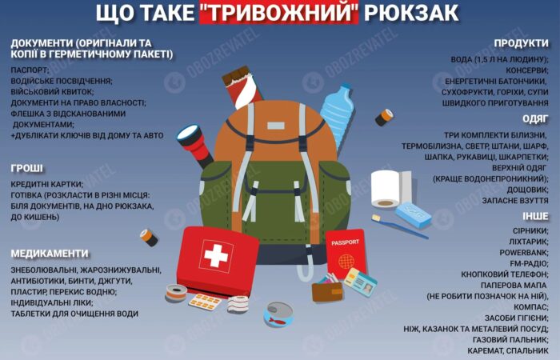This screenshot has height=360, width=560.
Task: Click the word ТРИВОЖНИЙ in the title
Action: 278,13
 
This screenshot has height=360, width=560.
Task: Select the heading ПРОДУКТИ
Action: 521,43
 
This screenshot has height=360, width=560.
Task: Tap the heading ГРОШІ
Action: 26,168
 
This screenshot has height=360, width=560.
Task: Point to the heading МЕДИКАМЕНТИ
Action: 50,254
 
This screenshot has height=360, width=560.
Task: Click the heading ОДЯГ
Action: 535,119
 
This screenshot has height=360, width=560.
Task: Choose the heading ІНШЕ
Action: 535,217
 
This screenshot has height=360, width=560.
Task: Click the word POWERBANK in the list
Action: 523,253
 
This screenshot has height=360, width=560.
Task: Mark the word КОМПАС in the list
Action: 530,307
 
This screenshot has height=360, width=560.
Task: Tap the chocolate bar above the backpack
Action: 242,87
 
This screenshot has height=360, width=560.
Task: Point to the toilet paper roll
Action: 390,190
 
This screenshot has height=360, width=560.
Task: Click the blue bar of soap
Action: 414,214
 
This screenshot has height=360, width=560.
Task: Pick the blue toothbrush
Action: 399,226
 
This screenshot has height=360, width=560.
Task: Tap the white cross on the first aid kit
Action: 215,256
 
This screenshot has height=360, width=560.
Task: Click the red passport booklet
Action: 346,254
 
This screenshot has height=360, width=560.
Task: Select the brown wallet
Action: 326,290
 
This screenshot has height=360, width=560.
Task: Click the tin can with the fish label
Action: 278,314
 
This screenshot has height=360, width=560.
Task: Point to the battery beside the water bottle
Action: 384,118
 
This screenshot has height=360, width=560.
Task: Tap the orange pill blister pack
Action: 205,302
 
